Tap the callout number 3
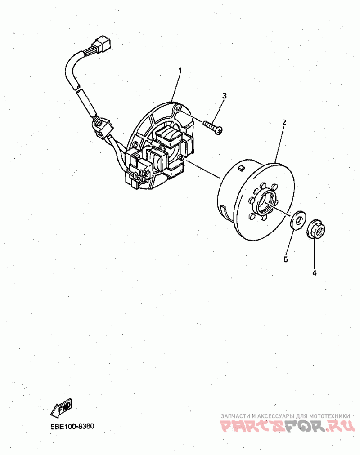pyautogui.click(x=224, y=96)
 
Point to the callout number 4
pyautogui.click(x=315, y=272)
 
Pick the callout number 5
pyautogui.click(x=285, y=259)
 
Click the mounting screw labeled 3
pyautogui.click(x=213, y=126)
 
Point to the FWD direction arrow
pyautogui.click(x=61, y=408)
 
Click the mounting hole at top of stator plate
pyautogui.click(x=179, y=109)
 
